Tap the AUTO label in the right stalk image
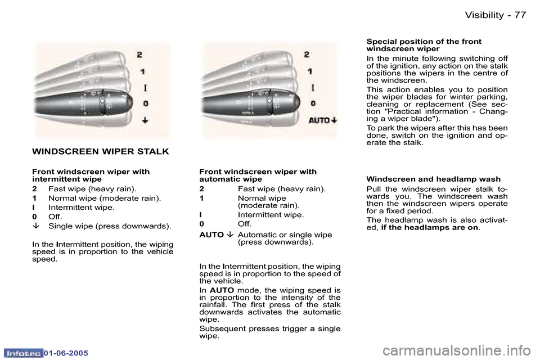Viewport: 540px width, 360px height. tap(318, 120)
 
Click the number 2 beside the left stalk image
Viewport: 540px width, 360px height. tap(140, 55)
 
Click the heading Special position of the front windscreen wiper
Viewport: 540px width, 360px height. tap(424, 45)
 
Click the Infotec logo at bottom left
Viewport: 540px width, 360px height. tap(22, 352)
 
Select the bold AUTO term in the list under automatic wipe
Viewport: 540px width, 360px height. tap(212, 235)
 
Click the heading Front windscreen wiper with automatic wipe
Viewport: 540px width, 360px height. tap(258, 175)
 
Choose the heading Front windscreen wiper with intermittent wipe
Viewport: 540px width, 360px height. tap(91, 175)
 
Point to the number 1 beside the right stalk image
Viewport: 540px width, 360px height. tap(309, 71)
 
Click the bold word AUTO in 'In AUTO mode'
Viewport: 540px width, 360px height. tap(222, 290)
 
